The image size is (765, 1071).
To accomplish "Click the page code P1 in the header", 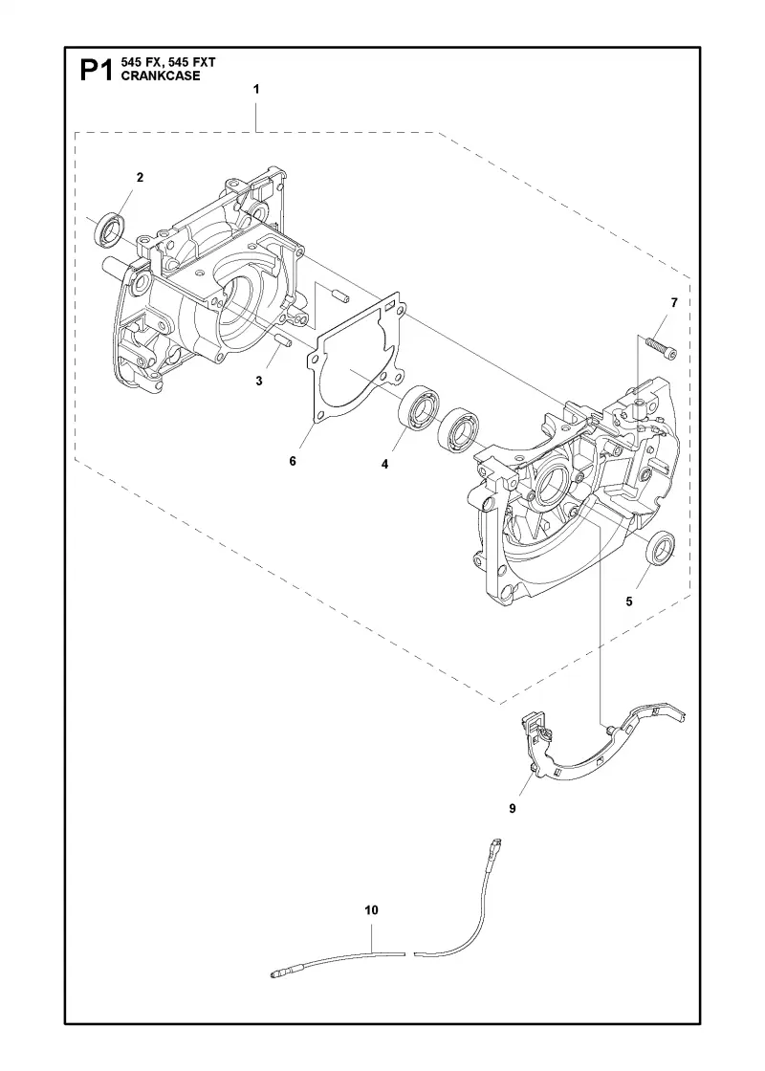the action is point(97,70).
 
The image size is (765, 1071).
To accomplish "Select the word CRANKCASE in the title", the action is point(161,76).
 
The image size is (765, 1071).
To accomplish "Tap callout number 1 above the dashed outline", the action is point(256,89).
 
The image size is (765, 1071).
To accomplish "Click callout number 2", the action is point(140,178).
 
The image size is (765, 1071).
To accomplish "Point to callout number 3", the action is point(259,382).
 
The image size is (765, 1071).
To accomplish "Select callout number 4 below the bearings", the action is point(384,465).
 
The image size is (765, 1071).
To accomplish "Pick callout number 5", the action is point(629,601).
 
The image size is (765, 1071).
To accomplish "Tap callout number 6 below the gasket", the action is point(293,461).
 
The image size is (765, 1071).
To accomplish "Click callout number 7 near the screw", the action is point(674,302).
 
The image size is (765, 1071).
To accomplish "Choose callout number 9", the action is point(513,809).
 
